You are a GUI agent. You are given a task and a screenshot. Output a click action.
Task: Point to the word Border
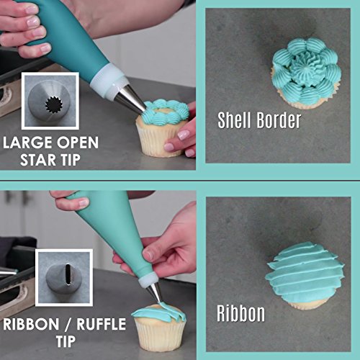(x=279, y=120)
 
